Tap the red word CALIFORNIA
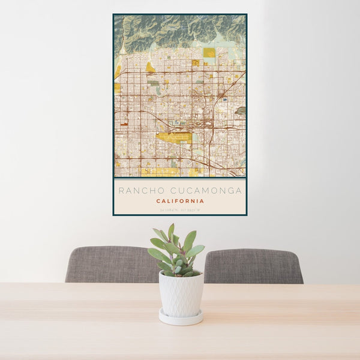179,201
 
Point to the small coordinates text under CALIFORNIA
179,209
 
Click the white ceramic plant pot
181,293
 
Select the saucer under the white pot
181,318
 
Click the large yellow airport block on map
174,137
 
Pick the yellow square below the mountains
209,53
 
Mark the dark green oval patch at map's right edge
241,111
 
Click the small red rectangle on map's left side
124,124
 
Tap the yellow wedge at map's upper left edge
118,71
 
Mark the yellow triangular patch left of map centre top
150,68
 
